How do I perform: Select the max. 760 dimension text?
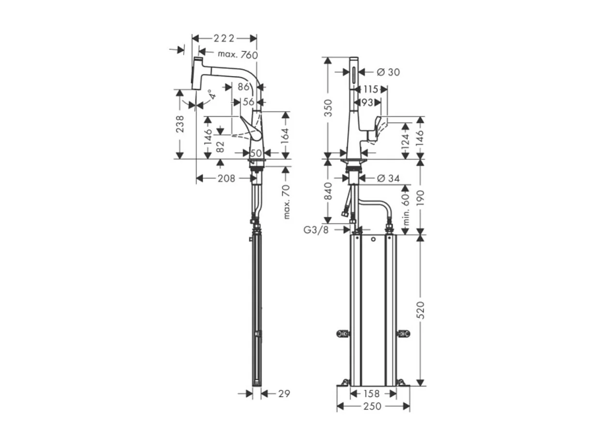(x=237, y=55)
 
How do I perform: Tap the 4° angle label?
(x=210, y=95)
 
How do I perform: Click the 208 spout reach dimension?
(x=226, y=179)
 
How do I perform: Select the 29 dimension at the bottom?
(x=284, y=394)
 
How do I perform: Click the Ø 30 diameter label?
(x=388, y=72)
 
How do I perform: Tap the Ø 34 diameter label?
(x=388, y=179)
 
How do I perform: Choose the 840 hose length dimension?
(x=328, y=192)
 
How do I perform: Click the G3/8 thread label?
(x=316, y=230)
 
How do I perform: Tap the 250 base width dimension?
(x=372, y=406)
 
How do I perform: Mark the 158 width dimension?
(x=371, y=394)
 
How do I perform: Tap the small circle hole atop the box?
(x=374, y=239)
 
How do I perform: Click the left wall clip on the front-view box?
(x=342, y=333)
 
